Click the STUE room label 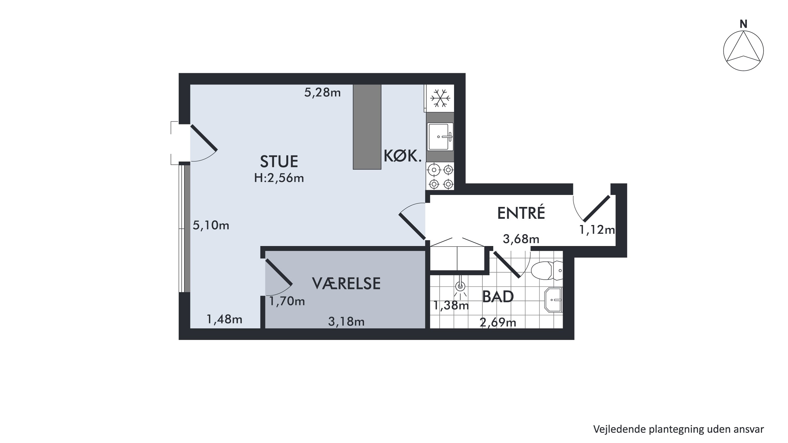click(x=279, y=162)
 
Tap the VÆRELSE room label click(x=346, y=283)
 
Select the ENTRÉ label click(x=521, y=213)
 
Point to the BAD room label click(x=498, y=296)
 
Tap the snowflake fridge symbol click(x=440, y=98)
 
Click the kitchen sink click(x=440, y=137)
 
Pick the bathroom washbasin click(x=553, y=300)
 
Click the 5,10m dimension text click(x=211, y=225)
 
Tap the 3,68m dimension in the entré click(x=521, y=239)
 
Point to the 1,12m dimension click(x=597, y=229)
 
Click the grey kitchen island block click(x=367, y=127)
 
